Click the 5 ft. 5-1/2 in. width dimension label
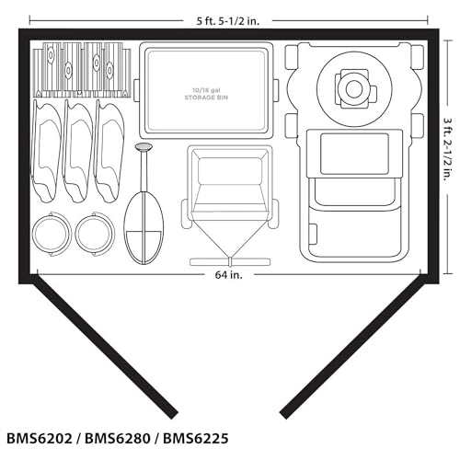(228, 21)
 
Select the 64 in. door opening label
(228, 275)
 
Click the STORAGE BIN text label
(206, 98)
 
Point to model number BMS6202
(40, 439)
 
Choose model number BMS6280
(118, 439)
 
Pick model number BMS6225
(196, 439)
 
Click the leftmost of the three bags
(47, 151)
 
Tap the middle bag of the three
(77, 151)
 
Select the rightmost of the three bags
(109, 151)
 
